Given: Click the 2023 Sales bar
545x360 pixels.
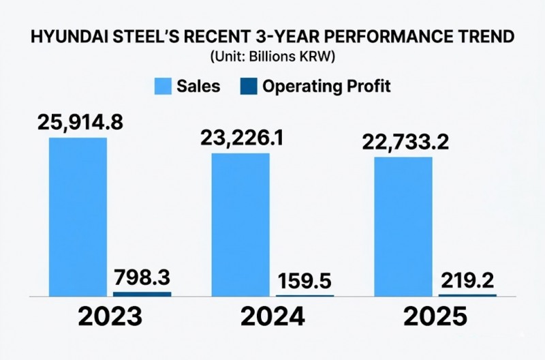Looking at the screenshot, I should coord(77,217).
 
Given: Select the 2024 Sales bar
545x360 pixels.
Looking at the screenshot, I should coord(240,224).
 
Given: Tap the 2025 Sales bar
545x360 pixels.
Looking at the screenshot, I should coord(403,226).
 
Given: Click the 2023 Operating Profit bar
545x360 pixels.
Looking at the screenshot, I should coord(142,294).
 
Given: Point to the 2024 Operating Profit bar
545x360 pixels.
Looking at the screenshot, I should coord(305,295).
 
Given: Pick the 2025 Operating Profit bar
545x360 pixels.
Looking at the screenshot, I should coord(467,295).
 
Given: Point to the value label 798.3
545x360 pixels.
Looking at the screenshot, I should coord(141,278).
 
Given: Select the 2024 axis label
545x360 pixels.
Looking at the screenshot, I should coord(272,318).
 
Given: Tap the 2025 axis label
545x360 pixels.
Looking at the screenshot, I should coord(434,318).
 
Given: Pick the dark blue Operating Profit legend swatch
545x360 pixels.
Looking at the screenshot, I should coord(249,87).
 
